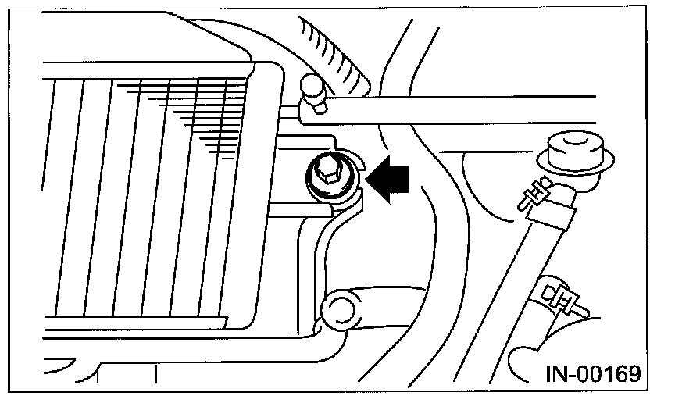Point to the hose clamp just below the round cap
tap(540, 194)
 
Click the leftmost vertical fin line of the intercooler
tap(56, 195)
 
